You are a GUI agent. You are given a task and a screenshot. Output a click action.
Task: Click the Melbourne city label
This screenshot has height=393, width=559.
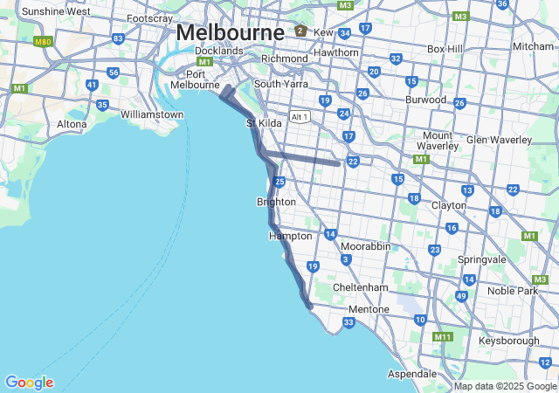click(x=230, y=32)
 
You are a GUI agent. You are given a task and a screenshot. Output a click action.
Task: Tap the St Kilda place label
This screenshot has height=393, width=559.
click(x=264, y=123)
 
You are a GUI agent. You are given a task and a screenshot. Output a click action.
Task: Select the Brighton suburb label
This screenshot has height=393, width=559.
click(x=276, y=202)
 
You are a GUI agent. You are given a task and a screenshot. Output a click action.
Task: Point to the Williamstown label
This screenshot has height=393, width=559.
click(x=152, y=114)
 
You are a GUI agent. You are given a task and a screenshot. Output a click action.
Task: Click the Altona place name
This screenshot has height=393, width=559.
click(x=72, y=124)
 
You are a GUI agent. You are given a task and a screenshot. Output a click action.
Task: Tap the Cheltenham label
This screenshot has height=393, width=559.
click(x=360, y=287)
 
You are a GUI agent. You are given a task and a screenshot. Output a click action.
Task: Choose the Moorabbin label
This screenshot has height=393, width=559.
click(x=365, y=246)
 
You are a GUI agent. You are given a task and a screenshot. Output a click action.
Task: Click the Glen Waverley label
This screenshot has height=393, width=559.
click(x=500, y=140)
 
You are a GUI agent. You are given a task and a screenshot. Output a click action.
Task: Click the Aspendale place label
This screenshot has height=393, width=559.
click(x=411, y=373)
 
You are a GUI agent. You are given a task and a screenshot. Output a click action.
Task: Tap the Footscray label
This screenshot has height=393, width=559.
click(x=149, y=18)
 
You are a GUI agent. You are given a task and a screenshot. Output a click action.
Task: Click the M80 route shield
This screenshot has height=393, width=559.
click(x=41, y=41)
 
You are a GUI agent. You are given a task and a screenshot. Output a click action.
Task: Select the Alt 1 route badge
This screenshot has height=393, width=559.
click(x=300, y=117)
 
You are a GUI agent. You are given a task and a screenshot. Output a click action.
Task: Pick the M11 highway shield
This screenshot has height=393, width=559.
click(x=443, y=337)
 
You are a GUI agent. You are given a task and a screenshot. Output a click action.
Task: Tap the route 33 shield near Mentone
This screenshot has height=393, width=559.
click(x=349, y=323)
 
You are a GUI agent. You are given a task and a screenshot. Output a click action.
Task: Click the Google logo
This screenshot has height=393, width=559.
click(x=29, y=382)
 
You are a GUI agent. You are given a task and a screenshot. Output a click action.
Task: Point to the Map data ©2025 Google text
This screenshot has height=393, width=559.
click(x=505, y=386)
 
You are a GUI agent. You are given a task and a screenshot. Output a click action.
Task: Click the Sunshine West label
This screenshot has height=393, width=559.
click(x=55, y=11)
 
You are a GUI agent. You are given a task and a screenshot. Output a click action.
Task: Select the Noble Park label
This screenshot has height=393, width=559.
click(x=513, y=290)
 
